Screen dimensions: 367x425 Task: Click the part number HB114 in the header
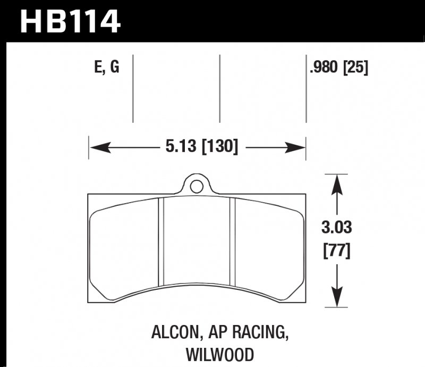point(69,21)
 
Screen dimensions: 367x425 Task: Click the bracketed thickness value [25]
point(356,68)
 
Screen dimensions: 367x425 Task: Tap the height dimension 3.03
point(337,229)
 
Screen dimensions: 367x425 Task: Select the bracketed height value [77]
point(337,249)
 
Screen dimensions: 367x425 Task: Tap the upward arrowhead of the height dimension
point(336,184)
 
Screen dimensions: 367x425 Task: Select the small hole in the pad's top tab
point(197,186)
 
